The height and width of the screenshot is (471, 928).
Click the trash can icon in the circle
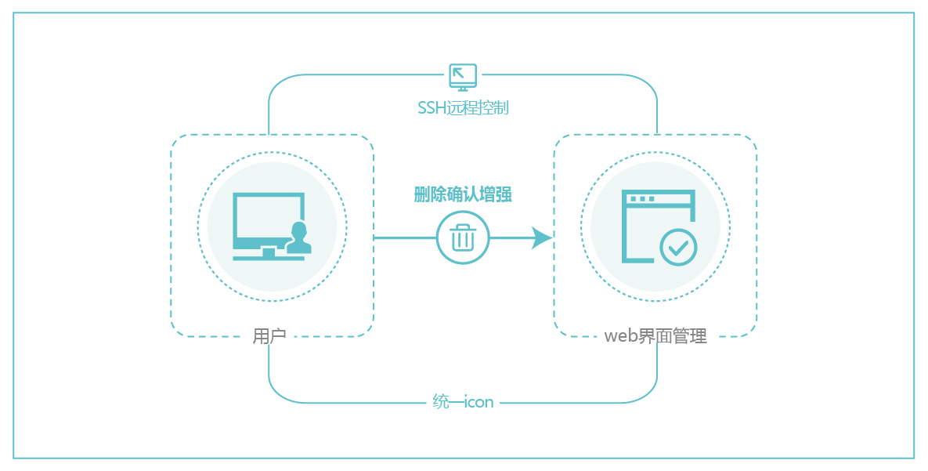(463, 237)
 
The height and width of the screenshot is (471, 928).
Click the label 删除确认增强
(463, 195)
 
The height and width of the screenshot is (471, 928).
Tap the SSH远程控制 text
(463, 107)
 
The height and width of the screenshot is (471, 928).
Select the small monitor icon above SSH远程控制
(463, 77)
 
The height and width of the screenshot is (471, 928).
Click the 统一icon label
(463, 402)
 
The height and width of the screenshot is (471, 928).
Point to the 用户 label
(269, 336)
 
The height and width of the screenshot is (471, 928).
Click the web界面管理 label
(655, 336)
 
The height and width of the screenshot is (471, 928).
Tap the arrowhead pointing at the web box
(542, 237)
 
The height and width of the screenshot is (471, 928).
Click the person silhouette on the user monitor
(298, 238)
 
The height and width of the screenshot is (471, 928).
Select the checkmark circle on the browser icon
(678, 248)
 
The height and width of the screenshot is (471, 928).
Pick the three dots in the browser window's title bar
(641, 199)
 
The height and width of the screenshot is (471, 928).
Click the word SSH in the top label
(432, 107)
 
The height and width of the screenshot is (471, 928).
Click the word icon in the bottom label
(479, 402)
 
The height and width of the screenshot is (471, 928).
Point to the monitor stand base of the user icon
(269, 256)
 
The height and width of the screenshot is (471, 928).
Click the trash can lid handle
(463, 226)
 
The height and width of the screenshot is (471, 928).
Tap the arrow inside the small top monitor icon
(459, 74)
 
